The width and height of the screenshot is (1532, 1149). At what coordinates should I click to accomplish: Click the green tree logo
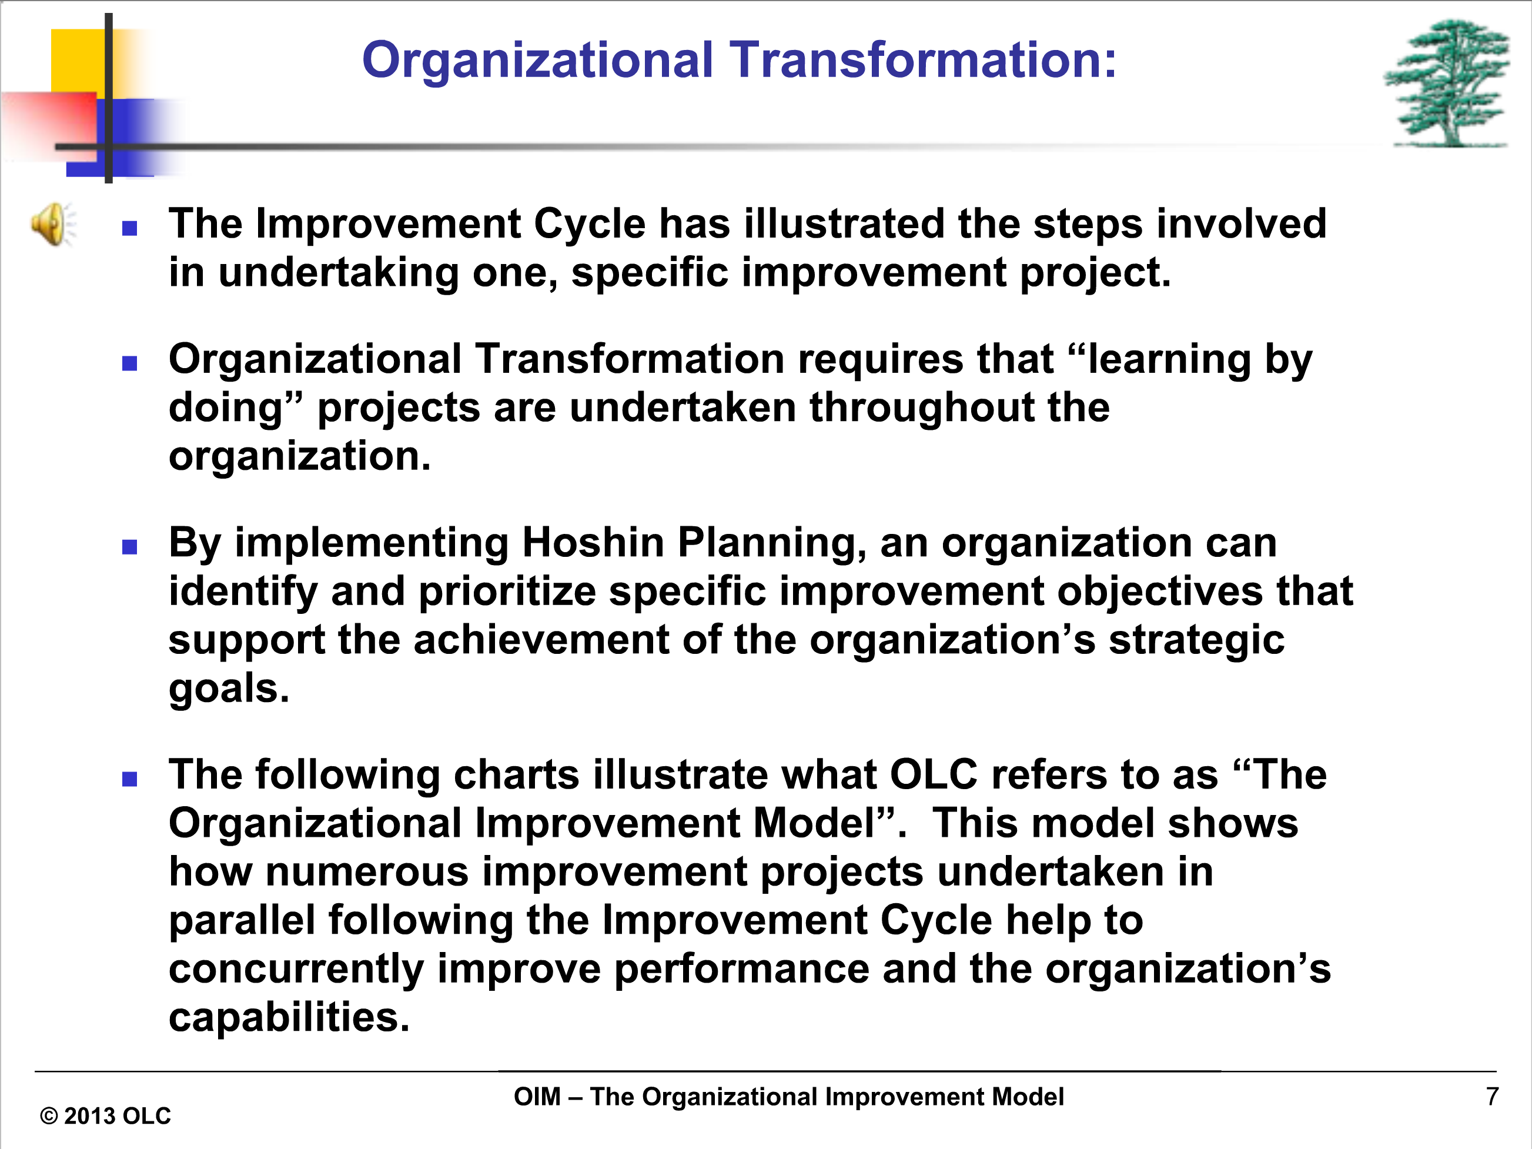click(x=1447, y=83)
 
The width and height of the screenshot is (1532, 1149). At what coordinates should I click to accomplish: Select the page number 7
click(x=1493, y=1096)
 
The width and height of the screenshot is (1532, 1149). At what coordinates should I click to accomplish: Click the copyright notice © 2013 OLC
click(x=105, y=1115)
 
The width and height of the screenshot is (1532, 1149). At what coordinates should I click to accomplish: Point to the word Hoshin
click(x=593, y=542)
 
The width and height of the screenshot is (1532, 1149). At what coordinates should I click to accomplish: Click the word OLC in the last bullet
click(x=933, y=774)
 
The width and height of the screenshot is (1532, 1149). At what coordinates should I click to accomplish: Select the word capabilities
click(x=289, y=1017)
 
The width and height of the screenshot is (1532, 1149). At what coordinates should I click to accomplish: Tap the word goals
click(x=229, y=689)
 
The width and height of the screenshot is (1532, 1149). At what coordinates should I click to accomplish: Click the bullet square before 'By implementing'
click(x=129, y=547)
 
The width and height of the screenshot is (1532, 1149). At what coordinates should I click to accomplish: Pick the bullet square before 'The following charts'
click(x=129, y=779)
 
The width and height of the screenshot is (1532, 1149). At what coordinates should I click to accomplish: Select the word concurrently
click(x=296, y=969)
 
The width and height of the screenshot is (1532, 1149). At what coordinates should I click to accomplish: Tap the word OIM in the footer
click(x=537, y=1097)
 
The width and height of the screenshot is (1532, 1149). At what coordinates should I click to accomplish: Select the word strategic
click(x=1197, y=640)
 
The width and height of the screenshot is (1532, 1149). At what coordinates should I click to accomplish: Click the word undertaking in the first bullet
click(x=339, y=273)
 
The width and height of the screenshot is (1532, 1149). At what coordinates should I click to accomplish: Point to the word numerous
click(x=367, y=872)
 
